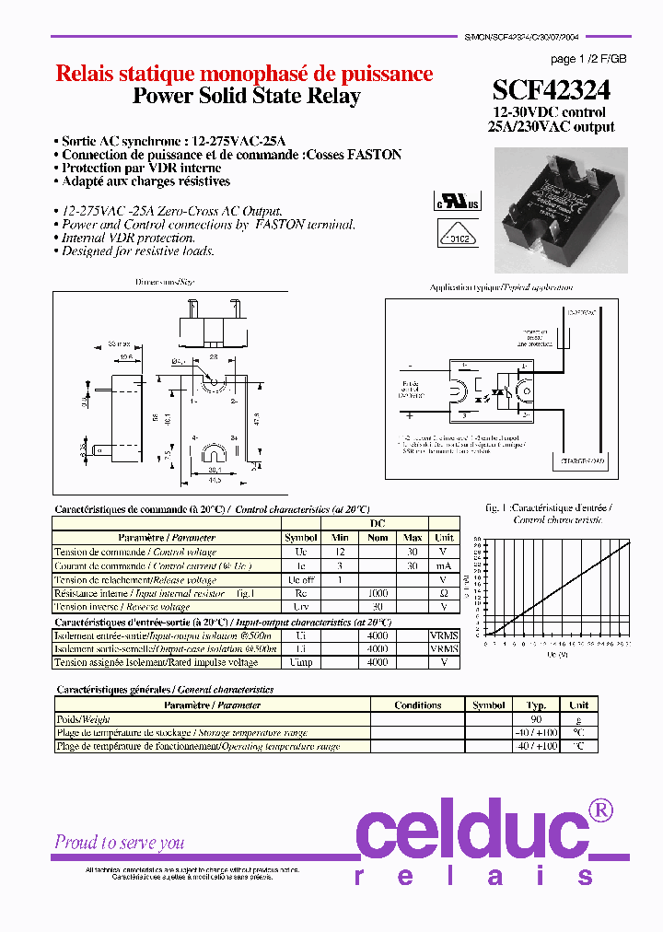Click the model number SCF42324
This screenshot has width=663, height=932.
(x=551, y=89)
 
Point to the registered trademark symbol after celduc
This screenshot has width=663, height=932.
(x=599, y=810)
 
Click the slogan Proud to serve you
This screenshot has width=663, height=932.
(x=120, y=842)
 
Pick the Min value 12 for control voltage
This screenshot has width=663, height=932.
(x=340, y=552)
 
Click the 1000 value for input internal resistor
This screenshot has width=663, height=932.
(x=378, y=594)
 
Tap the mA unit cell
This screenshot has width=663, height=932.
(x=444, y=565)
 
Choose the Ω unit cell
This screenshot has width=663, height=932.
(x=444, y=594)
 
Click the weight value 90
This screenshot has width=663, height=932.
(x=536, y=719)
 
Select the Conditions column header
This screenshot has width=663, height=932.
(x=417, y=705)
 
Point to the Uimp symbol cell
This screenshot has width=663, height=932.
(x=300, y=662)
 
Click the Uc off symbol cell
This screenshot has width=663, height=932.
(x=300, y=580)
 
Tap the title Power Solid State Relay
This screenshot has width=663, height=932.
(x=246, y=97)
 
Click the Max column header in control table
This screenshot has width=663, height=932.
(x=413, y=538)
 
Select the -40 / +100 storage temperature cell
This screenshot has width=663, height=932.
(x=536, y=733)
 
